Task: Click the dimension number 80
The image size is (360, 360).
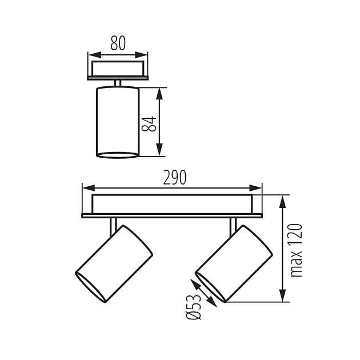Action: click(x=118, y=43)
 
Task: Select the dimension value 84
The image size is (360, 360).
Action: click(x=150, y=122)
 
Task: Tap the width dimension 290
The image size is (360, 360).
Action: click(x=174, y=178)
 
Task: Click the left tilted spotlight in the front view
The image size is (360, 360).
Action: click(x=114, y=263)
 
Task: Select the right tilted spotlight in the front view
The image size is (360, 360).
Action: click(x=233, y=263)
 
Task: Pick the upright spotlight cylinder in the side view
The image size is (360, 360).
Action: click(x=118, y=121)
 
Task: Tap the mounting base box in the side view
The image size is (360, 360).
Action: click(x=118, y=69)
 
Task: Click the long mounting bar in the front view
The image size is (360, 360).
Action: click(x=172, y=204)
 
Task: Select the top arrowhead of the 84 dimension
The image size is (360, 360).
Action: click(x=160, y=91)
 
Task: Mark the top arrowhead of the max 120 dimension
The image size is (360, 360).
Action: click(x=283, y=199)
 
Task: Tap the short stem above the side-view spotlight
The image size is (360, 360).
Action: click(x=118, y=83)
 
